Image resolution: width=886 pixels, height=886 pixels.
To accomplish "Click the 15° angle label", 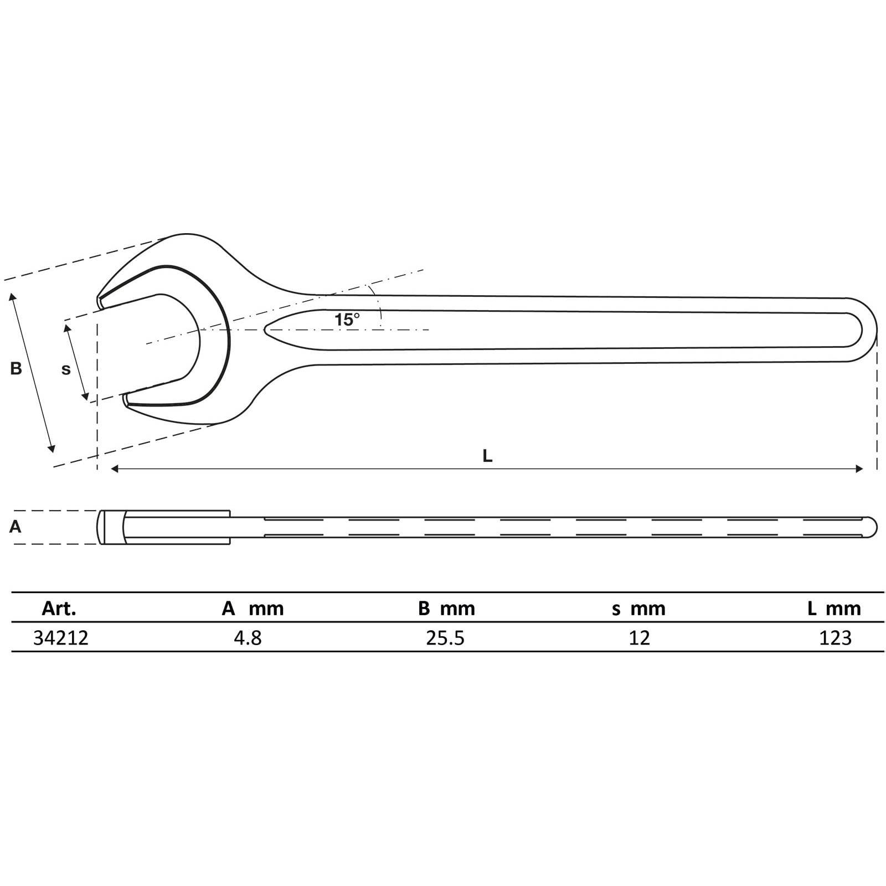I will point(347,320).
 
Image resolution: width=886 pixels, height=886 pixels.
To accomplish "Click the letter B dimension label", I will point(16,368).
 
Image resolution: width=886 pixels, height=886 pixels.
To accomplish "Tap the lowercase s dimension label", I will point(66,369).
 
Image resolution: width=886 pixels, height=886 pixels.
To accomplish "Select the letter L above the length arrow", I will point(487,456).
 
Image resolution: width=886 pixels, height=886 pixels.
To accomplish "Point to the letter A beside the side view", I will point(16,527).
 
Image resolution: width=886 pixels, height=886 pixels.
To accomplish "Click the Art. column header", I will point(59,609).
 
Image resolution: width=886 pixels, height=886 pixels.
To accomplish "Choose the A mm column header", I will point(253,609).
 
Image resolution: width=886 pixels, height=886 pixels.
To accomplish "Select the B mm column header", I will point(446,609).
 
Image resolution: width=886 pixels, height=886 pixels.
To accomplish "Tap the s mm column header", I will point(638,609).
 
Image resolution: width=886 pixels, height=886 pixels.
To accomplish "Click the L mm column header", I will point(834,609).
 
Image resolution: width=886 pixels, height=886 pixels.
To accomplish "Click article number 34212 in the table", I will point(61,638).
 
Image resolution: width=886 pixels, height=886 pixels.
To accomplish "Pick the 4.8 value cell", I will point(248,638).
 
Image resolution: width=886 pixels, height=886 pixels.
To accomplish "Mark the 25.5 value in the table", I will point(445,638).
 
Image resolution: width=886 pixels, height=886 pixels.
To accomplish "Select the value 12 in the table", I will point(639,638).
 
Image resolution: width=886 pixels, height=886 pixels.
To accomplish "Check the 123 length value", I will point(835,638).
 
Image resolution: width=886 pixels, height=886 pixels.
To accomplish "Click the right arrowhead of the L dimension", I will point(860,469).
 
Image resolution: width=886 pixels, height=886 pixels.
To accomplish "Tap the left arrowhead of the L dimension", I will point(115,469).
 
